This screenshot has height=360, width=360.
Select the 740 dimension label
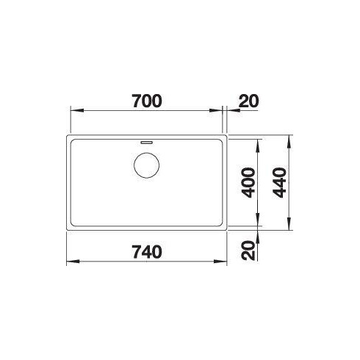[146, 251]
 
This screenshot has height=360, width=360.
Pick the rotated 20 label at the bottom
[248, 251]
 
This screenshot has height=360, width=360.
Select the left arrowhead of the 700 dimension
[74, 111]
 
